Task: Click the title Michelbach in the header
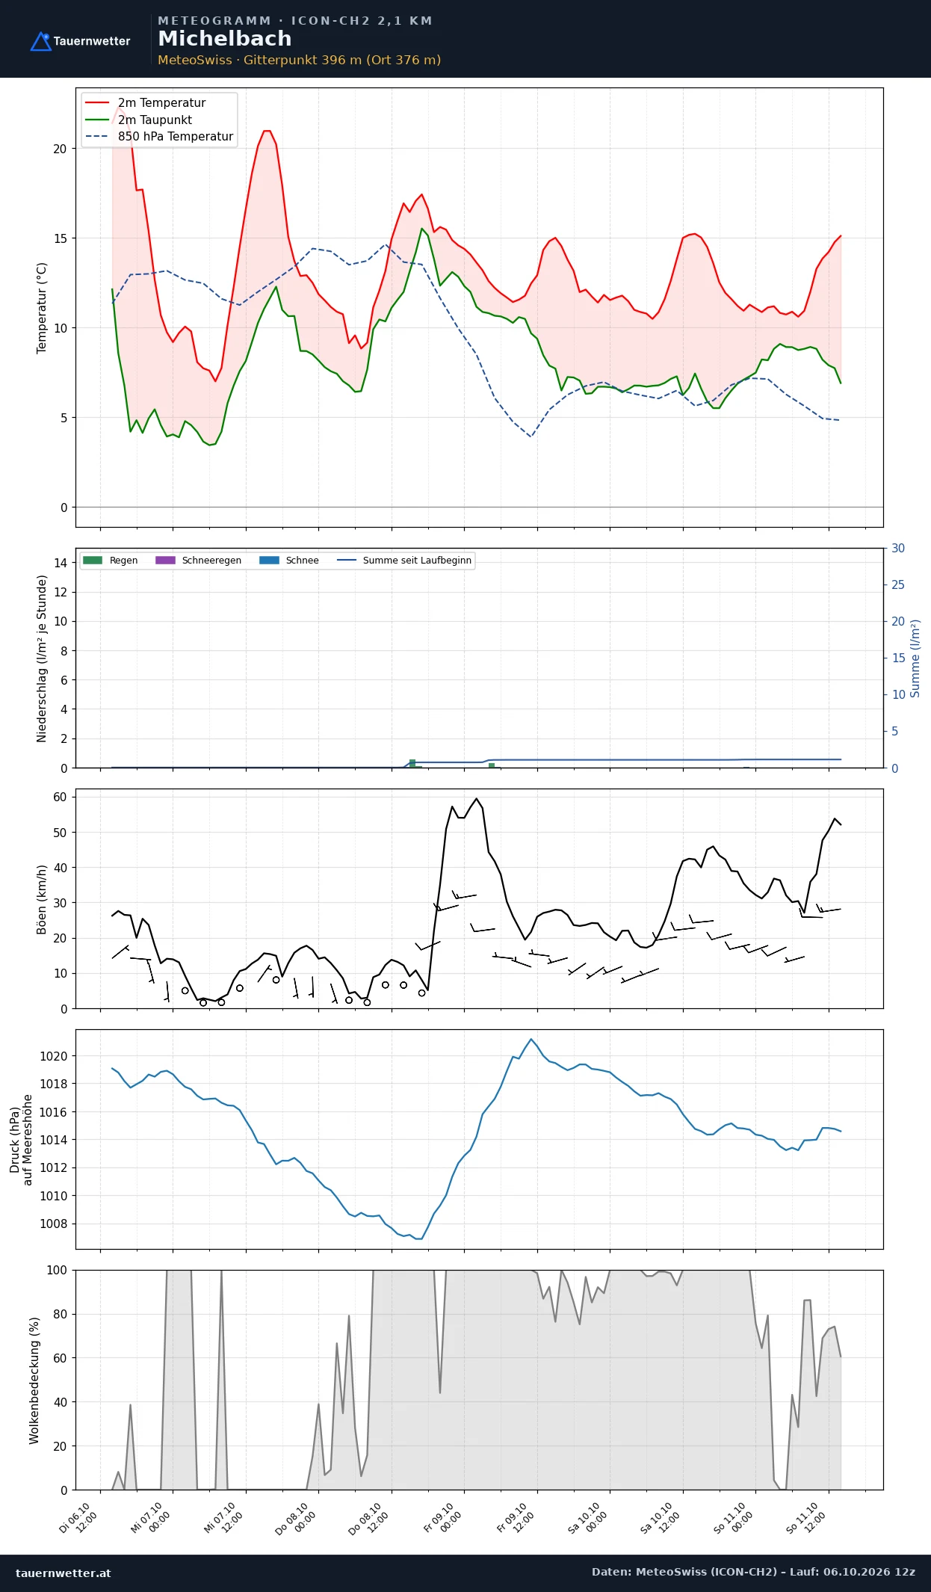point(225,39)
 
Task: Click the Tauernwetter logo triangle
point(40,42)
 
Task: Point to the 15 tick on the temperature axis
point(60,238)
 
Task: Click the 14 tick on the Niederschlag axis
point(61,563)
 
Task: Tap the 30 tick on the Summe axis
point(898,549)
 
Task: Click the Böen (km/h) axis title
point(42,899)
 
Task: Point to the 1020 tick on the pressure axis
point(53,1056)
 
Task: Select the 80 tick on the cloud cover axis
point(61,1314)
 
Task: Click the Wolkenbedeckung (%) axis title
point(34,1380)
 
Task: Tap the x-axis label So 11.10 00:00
point(734,1518)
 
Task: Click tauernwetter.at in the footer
point(64,1573)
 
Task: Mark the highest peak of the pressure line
point(531,1039)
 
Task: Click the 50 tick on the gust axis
point(61,833)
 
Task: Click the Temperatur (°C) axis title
point(42,308)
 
